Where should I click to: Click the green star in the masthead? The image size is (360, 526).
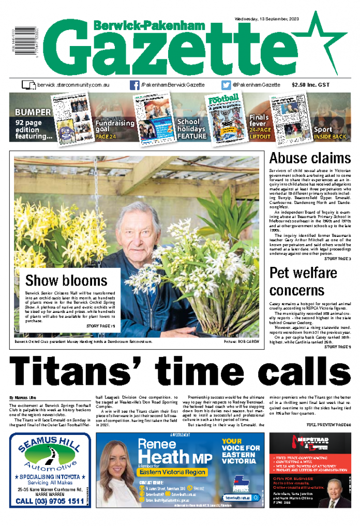click(x=326, y=44)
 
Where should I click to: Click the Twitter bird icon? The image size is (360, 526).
click(x=226, y=85)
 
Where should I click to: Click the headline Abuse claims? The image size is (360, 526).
click(x=310, y=157)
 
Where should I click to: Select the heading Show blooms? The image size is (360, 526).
click(x=66, y=280)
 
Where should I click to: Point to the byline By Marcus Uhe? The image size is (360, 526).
click(x=23, y=397)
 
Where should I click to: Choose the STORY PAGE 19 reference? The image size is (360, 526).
click(x=100, y=326)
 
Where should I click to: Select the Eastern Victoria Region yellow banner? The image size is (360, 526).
click(x=172, y=472)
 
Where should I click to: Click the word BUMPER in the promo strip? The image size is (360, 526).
click(x=33, y=112)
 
